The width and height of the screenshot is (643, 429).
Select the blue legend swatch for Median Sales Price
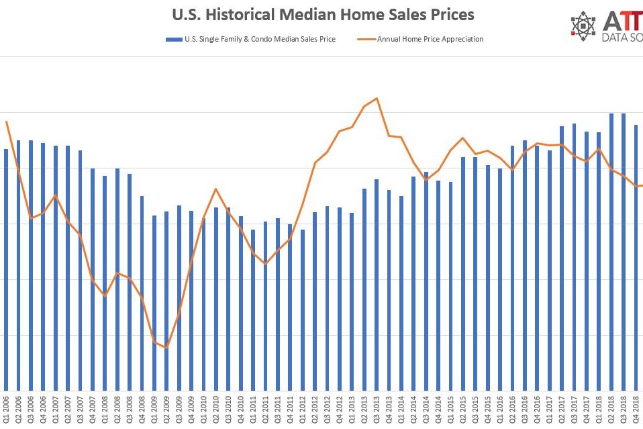170,39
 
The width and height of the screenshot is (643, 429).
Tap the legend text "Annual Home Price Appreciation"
430,39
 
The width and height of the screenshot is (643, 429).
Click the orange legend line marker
368,39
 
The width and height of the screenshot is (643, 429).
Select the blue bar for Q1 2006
6,269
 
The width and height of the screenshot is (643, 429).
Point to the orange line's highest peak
377,98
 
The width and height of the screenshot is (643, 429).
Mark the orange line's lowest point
166,348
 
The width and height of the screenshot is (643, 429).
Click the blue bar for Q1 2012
303,309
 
